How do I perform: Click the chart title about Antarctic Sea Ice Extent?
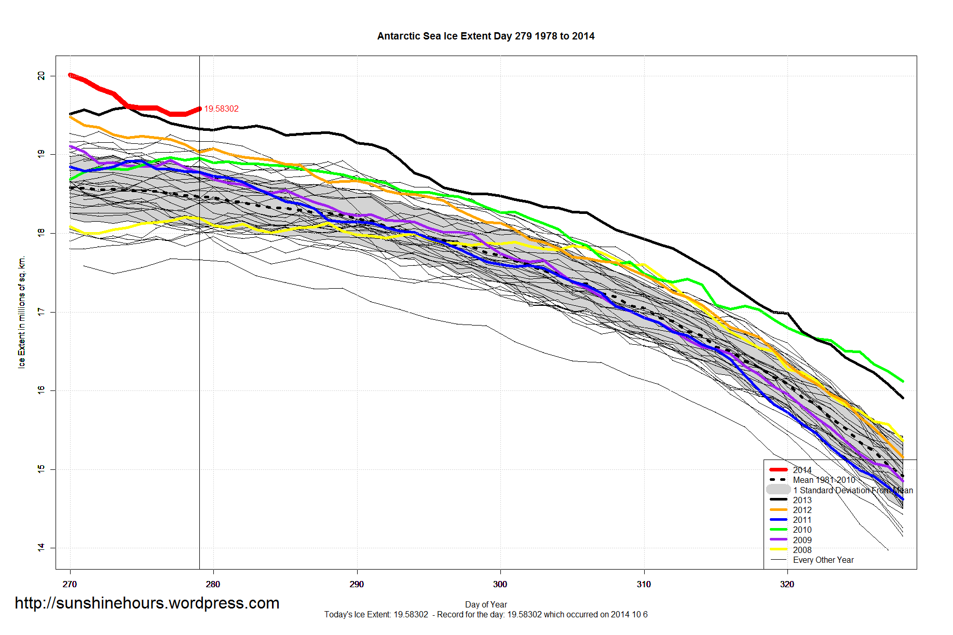486,36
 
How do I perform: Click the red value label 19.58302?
221,109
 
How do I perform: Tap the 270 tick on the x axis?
70,584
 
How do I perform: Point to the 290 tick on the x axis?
357,584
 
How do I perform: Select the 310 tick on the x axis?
644,584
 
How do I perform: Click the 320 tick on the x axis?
787,584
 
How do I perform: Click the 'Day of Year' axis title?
486,604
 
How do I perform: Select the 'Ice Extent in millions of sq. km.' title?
22,312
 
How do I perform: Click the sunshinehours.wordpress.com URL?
147,603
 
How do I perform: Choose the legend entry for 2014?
802,470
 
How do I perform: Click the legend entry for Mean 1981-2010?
824,480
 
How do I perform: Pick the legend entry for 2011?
802,520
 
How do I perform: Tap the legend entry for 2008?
802,550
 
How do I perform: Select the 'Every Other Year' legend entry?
823,560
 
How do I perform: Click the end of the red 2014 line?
199,109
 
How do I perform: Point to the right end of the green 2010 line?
903,381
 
